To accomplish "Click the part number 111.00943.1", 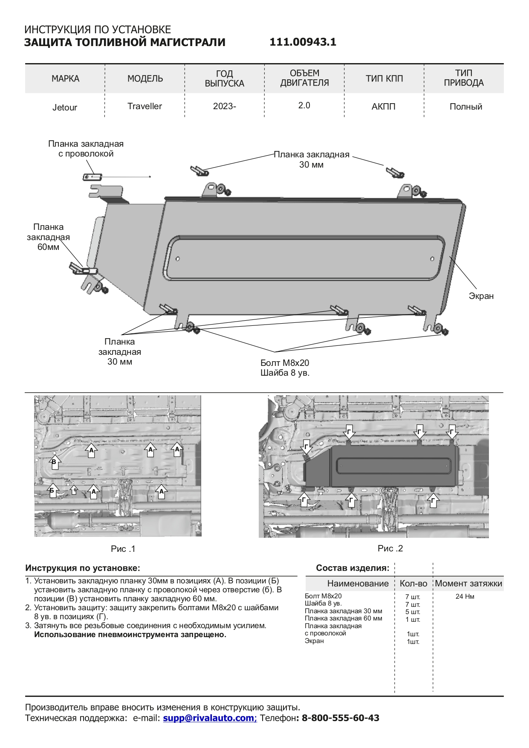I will pyautogui.click(x=303, y=42).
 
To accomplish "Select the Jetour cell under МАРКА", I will pyautogui.click(x=65, y=107).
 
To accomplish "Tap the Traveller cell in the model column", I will pyautogui.click(x=145, y=106).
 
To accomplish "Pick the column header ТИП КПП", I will pyautogui.click(x=384, y=78).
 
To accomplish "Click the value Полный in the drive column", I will pyautogui.click(x=465, y=107).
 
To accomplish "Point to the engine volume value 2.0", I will pyautogui.click(x=304, y=105).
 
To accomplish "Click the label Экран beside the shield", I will pyautogui.click(x=481, y=296).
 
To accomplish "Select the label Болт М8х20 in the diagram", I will pyautogui.click(x=285, y=363).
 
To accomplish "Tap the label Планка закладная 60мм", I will pyautogui.click(x=48, y=237).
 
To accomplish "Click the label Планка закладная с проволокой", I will pyautogui.click(x=86, y=149).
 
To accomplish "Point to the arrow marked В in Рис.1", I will pyautogui.click(x=54, y=462).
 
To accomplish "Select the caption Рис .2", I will pyautogui.click(x=390, y=548).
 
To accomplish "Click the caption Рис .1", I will pyautogui.click(x=123, y=549).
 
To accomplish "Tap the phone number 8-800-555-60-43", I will pyautogui.click(x=340, y=718).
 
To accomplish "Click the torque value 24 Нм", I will pyautogui.click(x=465, y=597).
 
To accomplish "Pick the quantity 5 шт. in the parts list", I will pyautogui.click(x=413, y=612).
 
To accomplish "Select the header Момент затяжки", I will pyautogui.click(x=468, y=583).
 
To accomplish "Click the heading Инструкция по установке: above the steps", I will pyautogui.click(x=83, y=568).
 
